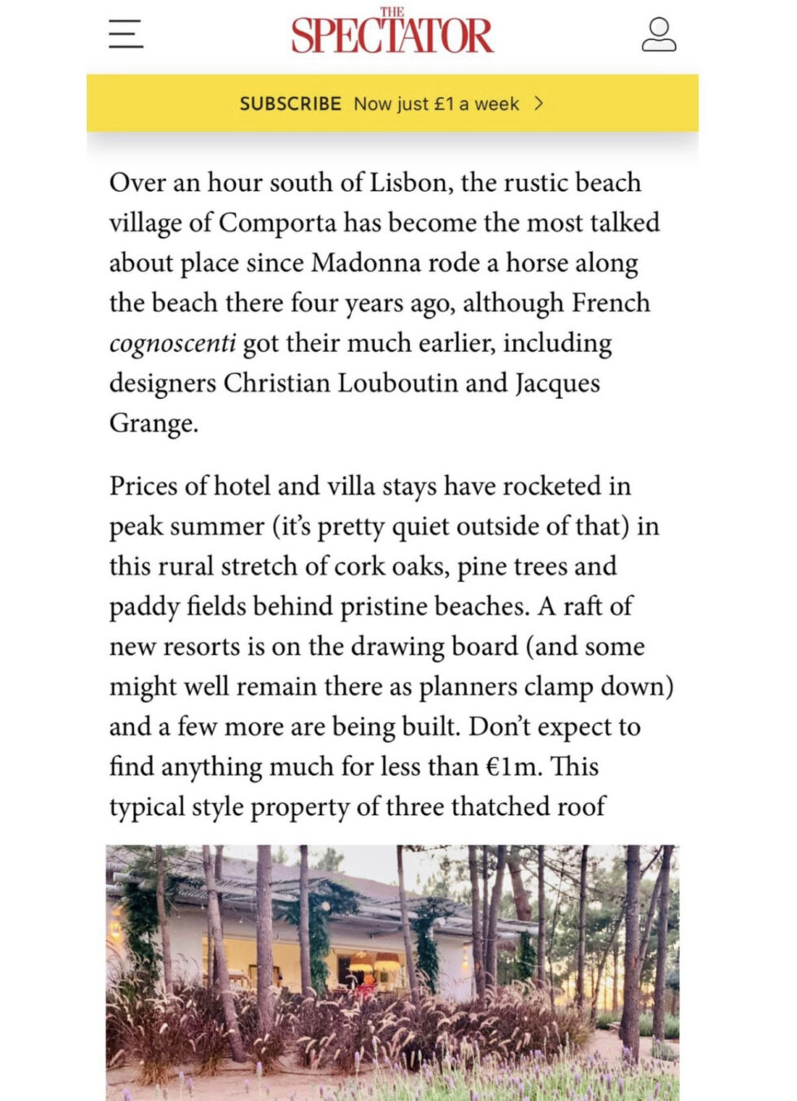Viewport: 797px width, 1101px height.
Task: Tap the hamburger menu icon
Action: tap(126, 34)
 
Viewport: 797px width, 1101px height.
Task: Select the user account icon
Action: tap(659, 34)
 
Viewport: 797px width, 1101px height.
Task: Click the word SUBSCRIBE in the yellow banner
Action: tap(290, 104)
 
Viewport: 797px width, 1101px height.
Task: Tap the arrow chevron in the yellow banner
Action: tap(538, 103)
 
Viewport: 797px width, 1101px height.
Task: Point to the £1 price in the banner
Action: tap(444, 104)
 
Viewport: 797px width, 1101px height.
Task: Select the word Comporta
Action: tap(277, 223)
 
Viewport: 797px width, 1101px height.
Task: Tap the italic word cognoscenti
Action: tap(172, 343)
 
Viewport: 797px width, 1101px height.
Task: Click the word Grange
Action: tap(153, 423)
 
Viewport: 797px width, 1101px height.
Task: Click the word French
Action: tap(611, 303)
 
